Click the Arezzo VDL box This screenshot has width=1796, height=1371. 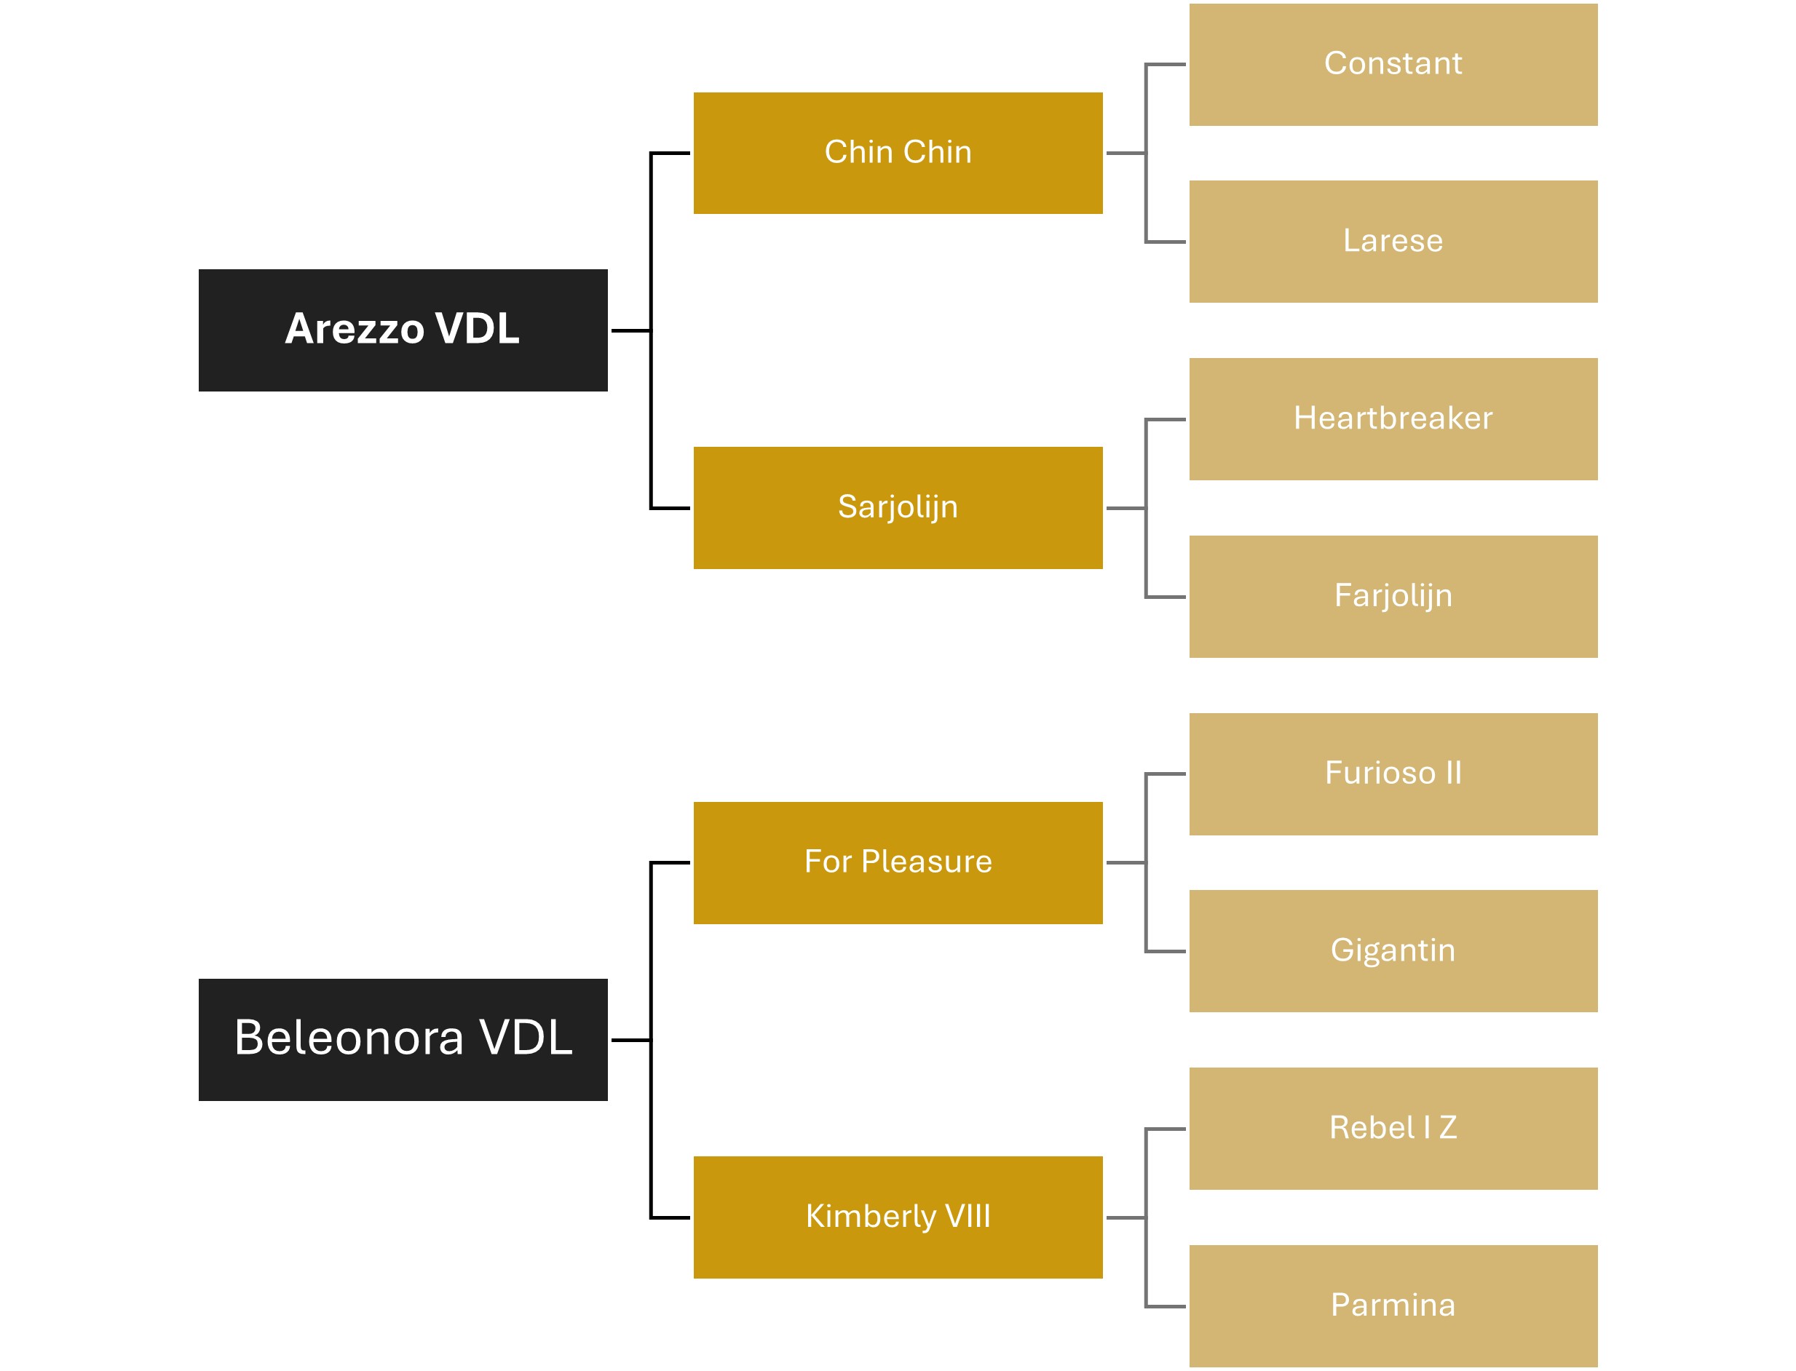point(403,330)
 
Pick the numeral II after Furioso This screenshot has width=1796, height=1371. point(1453,773)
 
